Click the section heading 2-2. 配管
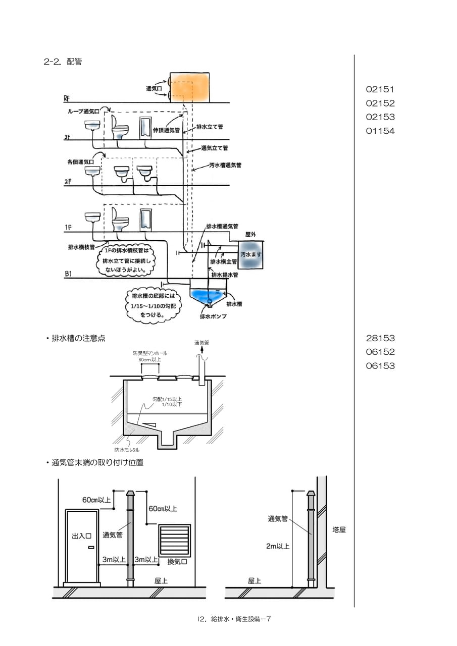(x=63, y=62)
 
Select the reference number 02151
(x=380, y=89)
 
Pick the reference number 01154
(x=380, y=131)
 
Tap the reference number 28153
(x=380, y=338)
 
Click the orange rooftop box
(x=189, y=87)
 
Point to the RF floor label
(x=67, y=98)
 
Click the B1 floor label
(x=68, y=274)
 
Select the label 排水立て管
(x=210, y=127)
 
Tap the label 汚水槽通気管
(x=225, y=166)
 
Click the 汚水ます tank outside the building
(x=250, y=255)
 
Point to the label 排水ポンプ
(x=213, y=316)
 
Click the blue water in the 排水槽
(x=208, y=295)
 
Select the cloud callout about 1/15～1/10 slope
(x=153, y=305)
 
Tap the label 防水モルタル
(x=127, y=450)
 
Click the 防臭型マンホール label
(x=150, y=353)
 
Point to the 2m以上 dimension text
(x=278, y=546)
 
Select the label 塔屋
(x=339, y=530)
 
